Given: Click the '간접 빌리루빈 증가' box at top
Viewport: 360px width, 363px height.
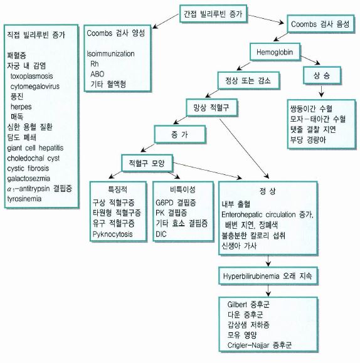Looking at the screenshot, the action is [213, 14].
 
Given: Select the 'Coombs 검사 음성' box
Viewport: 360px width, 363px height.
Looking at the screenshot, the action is [320, 24].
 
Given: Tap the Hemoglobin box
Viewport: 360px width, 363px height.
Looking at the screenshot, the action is [275, 52].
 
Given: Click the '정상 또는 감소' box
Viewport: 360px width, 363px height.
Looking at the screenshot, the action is [248, 80].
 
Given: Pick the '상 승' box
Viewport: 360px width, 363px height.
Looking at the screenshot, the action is [322, 75].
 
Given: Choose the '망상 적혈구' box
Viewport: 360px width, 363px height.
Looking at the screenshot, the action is [211, 107].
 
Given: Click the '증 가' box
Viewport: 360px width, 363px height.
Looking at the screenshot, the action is [180, 135].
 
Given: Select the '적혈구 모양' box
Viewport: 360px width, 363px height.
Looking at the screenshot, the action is [147, 163].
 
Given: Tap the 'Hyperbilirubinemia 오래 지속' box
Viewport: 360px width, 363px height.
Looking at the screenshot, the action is [268, 276].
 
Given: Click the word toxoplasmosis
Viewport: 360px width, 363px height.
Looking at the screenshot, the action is [32, 76].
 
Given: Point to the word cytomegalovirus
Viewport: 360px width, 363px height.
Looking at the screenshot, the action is [35, 87].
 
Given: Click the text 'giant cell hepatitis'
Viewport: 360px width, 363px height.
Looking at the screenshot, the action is [35, 148].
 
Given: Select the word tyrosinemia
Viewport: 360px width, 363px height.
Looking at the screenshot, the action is [24, 199].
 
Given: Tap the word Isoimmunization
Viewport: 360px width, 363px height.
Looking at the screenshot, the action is [110, 54].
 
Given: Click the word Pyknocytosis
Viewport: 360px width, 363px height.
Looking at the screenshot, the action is [113, 234].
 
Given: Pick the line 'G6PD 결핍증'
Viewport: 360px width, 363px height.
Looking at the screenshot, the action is [176, 203].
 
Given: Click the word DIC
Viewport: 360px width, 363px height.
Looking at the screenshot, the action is [161, 234].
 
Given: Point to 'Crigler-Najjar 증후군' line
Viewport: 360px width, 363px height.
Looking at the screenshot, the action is [260, 345].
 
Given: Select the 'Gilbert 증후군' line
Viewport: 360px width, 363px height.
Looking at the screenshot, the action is [248, 305].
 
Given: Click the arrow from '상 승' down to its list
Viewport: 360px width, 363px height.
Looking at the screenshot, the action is [321, 92].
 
